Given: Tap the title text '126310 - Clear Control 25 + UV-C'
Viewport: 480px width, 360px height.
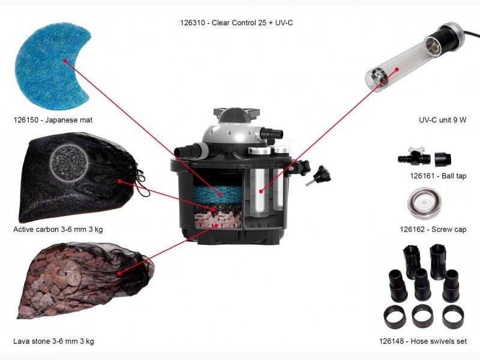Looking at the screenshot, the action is click(x=236, y=23).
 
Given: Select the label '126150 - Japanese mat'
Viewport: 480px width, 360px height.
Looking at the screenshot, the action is click(x=53, y=120).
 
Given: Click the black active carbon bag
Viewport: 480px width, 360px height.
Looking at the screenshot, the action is click(x=80, y=178).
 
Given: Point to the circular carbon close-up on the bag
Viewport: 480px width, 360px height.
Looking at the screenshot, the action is click(x=70, y=161).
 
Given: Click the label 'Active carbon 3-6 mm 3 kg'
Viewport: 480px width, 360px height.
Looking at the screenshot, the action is click(x=58, y=229).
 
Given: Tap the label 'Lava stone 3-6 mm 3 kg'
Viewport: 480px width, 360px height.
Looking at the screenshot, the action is click(x=53, y=341).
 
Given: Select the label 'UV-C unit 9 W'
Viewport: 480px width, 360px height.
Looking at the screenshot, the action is click(x=442, y=120).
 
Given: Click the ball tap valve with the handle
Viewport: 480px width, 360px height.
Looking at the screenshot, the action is click(x=414, y=156).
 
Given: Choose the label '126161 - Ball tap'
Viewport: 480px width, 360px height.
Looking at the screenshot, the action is click(x=438, y=176).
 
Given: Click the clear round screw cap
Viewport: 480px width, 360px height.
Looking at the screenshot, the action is click(x=424, y=203).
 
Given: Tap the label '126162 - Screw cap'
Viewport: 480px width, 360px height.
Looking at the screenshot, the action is click(x=433, y=229).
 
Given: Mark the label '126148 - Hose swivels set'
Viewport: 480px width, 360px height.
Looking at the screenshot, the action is click(x=423, y=341).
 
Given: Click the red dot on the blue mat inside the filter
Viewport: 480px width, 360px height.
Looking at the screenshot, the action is click(x=220, y=194).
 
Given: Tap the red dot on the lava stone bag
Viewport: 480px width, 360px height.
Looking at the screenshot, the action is click(x=119, y=273).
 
